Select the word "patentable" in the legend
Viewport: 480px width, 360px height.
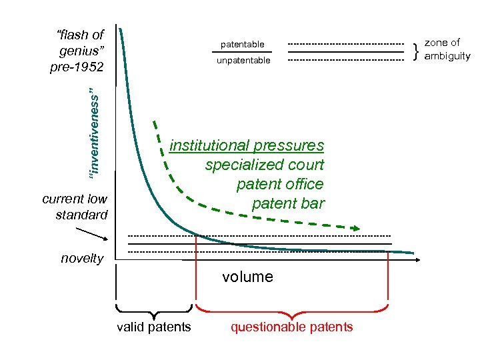click(x=243, y=44)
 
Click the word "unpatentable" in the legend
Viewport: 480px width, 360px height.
click(x=243, y=61)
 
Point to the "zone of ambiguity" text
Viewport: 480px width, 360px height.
click(x=447, y=49)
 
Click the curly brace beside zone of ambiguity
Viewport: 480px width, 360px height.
click(x=416, y=50)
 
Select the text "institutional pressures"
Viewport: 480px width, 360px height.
click(x=247, y=145)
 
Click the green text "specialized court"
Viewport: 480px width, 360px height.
click(x=264, y=165)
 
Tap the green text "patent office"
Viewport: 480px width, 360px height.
click(x=279, y=184)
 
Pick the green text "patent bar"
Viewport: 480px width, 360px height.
click(x=287, y=203)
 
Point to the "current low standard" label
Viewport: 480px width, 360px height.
click(x=74, y=207)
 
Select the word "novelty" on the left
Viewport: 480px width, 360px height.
click(x=82, y=259)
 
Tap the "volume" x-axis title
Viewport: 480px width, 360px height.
click(x=247, y=277)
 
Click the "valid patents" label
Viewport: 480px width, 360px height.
click(x=153, y=327)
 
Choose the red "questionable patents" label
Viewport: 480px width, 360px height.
click(x=291, y=327)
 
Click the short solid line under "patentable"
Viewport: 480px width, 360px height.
click(x=243, y=52)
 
